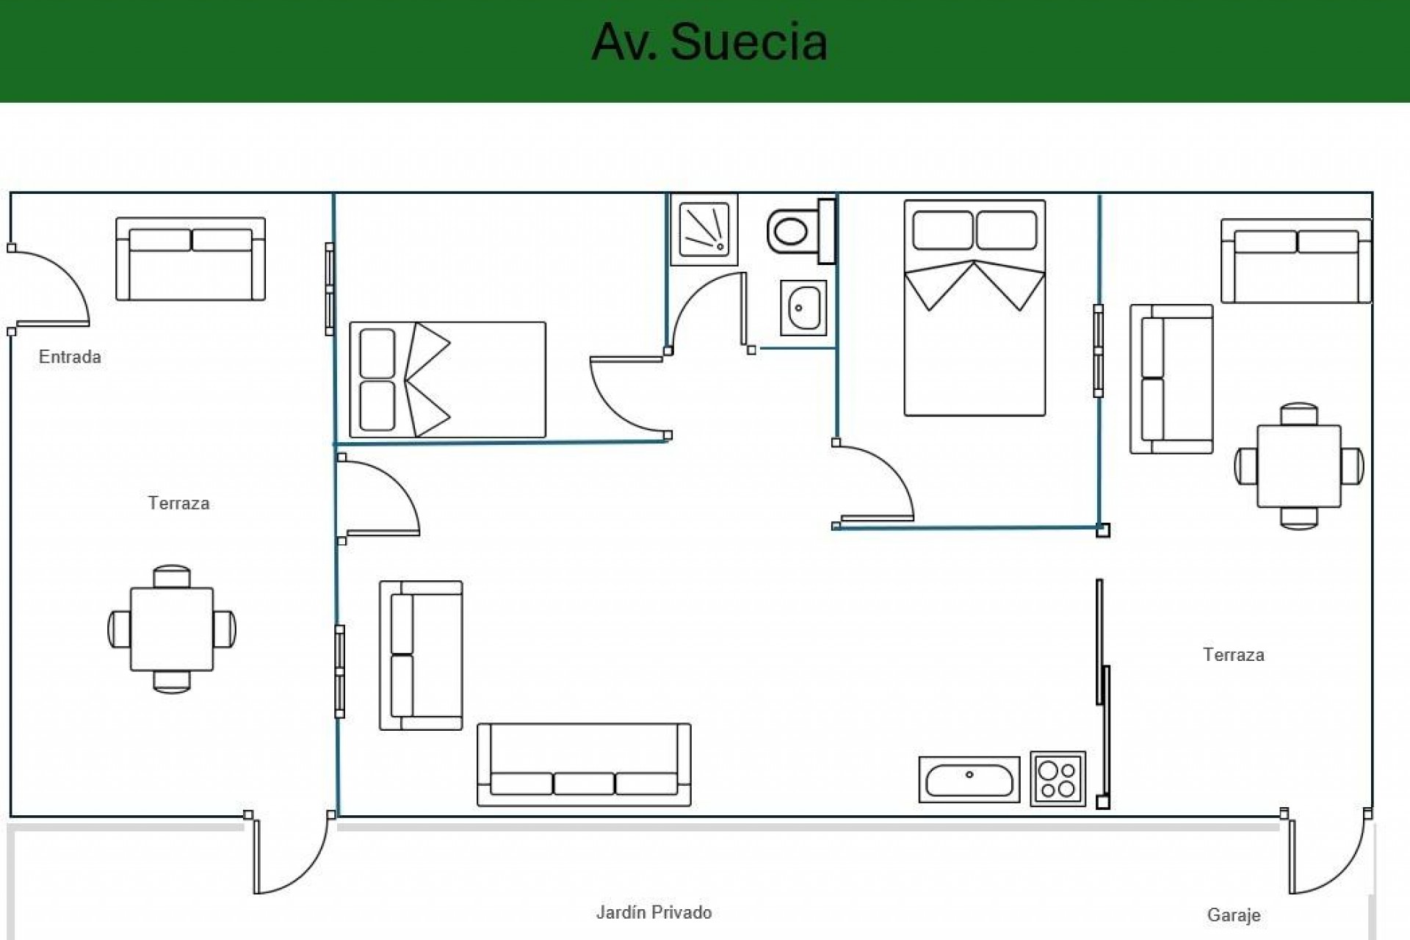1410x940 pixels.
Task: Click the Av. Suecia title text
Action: coord(709,42)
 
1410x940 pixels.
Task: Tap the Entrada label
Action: coord(70,357)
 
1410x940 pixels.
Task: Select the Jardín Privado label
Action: coord(654,912)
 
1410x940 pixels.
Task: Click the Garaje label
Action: coord(1234,915)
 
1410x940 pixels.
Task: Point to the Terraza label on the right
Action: coord(1234,654)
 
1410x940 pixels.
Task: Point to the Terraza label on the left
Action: coord(178,503)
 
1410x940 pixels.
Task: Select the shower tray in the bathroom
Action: coord(704,229)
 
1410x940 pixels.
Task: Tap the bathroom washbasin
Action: coord(803,308)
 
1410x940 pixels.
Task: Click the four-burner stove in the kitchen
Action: coord(1057,779)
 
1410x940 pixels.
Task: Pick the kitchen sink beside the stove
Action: coord(969,779)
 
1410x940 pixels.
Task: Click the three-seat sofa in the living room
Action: coord(584,764)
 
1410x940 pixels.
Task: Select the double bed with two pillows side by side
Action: coord(975,308)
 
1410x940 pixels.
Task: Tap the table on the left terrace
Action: coord(172,629)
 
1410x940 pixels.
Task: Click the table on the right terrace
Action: coord(1298,466)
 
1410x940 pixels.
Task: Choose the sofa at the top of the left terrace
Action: coord(190,258)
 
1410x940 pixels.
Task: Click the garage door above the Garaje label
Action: coord(1328,856)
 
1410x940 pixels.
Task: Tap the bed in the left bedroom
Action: coord(447,380)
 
